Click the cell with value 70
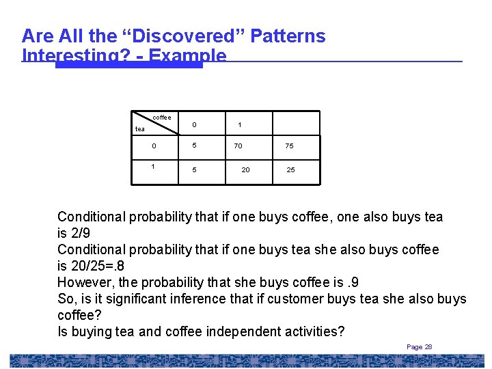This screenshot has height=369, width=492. click(x=238, y=146)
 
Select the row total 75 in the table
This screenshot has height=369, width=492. click(x=290, y=146)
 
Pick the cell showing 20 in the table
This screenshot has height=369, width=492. click(x=245, y=169)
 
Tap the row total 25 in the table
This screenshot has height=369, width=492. click(x=290, y=169)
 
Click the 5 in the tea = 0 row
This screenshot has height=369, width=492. click(x=194, y=146)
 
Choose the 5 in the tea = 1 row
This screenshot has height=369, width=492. click(x=194, y=169)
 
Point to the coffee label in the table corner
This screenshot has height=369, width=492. click(x=162, y=118)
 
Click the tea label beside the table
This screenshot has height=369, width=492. click(x=140, y=128)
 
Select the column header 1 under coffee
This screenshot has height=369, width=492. click(x=239, y=124)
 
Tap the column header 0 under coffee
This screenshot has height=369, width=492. click(x=194, y=124)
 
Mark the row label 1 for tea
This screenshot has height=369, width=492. click(x=153, y=166)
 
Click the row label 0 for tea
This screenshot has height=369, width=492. click(x=154, y=146)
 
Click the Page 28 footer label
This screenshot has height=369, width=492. click(x=419, y=347)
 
